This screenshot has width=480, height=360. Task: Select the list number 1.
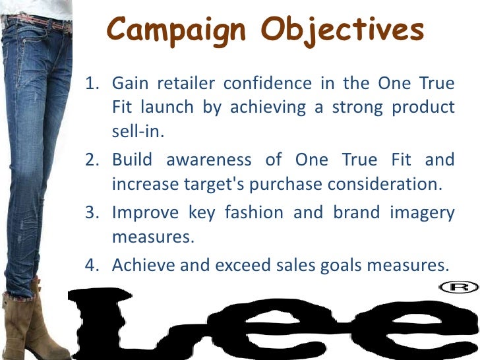coord(93,84)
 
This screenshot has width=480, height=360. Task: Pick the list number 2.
coord(93,160)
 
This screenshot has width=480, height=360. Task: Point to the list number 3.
coord(93,213)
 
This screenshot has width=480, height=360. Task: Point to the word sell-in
coord(136,131)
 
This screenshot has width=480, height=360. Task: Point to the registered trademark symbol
coord(458,287)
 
